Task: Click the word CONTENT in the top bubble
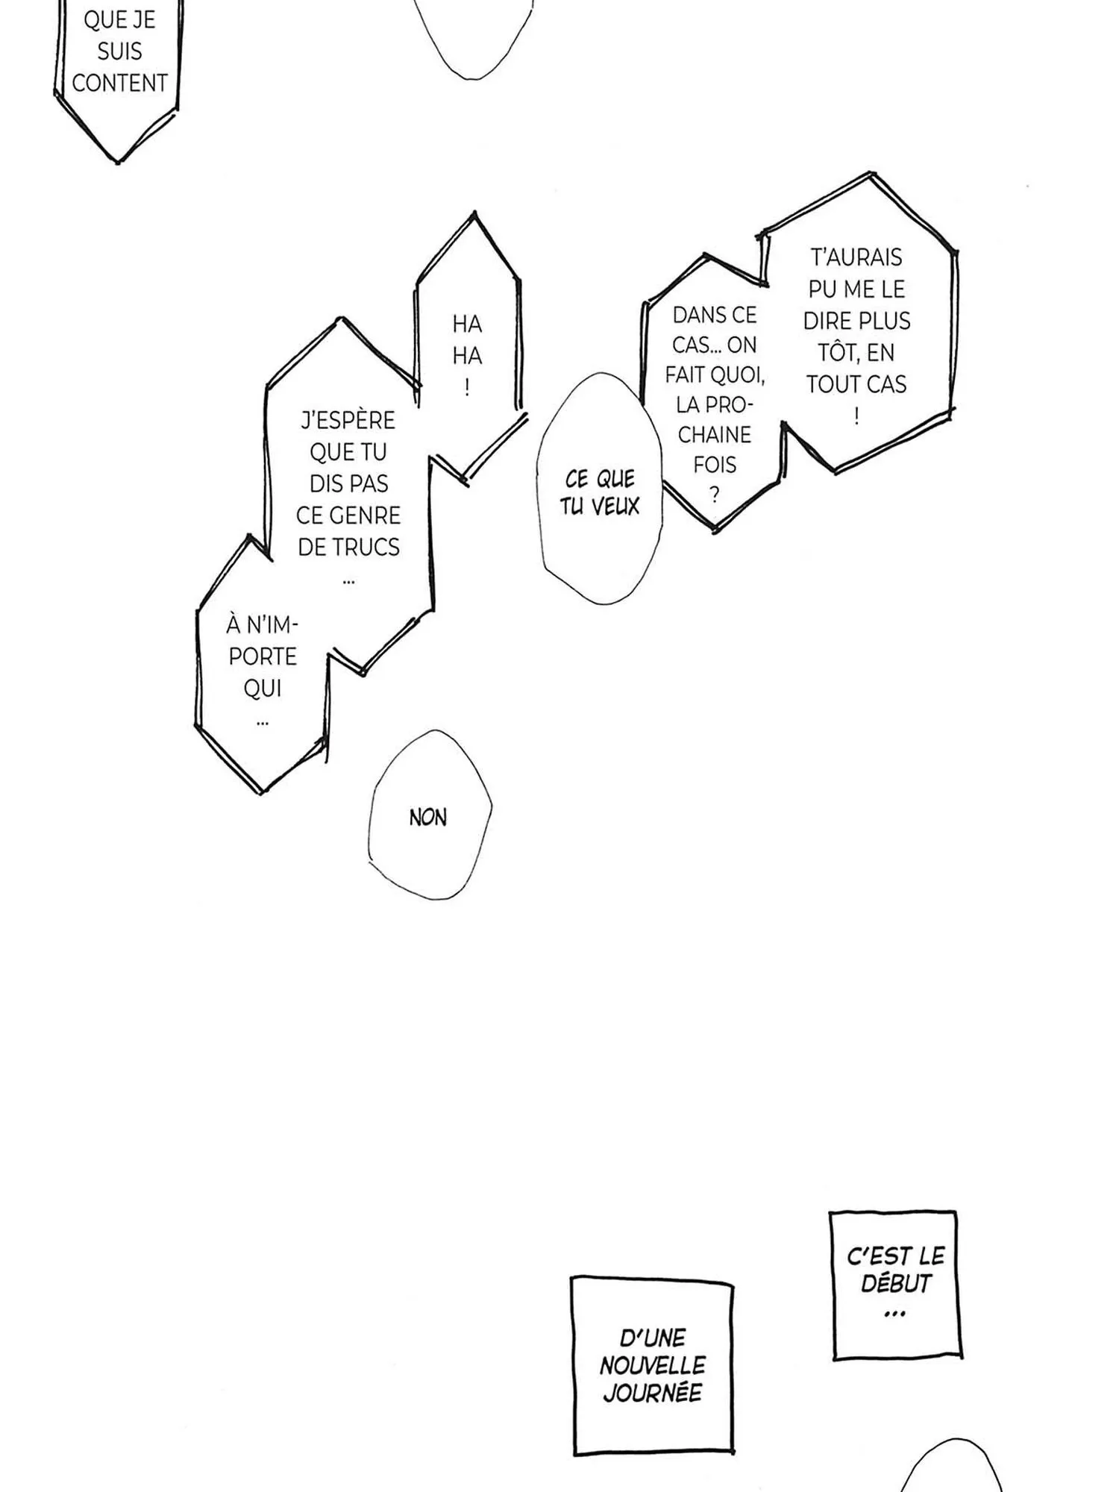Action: (x=119, y=83)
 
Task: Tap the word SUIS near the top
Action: (x=119, y=51)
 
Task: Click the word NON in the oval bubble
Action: (x=428, y=818)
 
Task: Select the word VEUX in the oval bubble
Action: (x=616, y=507)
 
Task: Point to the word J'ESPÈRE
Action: (x=348, y=421)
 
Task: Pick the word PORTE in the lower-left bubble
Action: (x=263, y=656)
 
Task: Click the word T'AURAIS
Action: (x=856, y=257)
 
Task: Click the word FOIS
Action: (x=715, y=465)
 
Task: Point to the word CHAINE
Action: (x=715, y=434)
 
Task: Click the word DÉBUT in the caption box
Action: (x=896, y=1283)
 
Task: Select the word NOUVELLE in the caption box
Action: (x=653, y=1365)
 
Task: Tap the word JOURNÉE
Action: (x=653, y=1393)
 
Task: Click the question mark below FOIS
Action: (x=715, y=495)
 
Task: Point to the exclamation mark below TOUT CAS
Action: (x=856, y=416)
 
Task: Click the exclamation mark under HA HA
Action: (x=467, y=387)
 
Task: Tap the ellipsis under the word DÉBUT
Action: (x=894, y=1314)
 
